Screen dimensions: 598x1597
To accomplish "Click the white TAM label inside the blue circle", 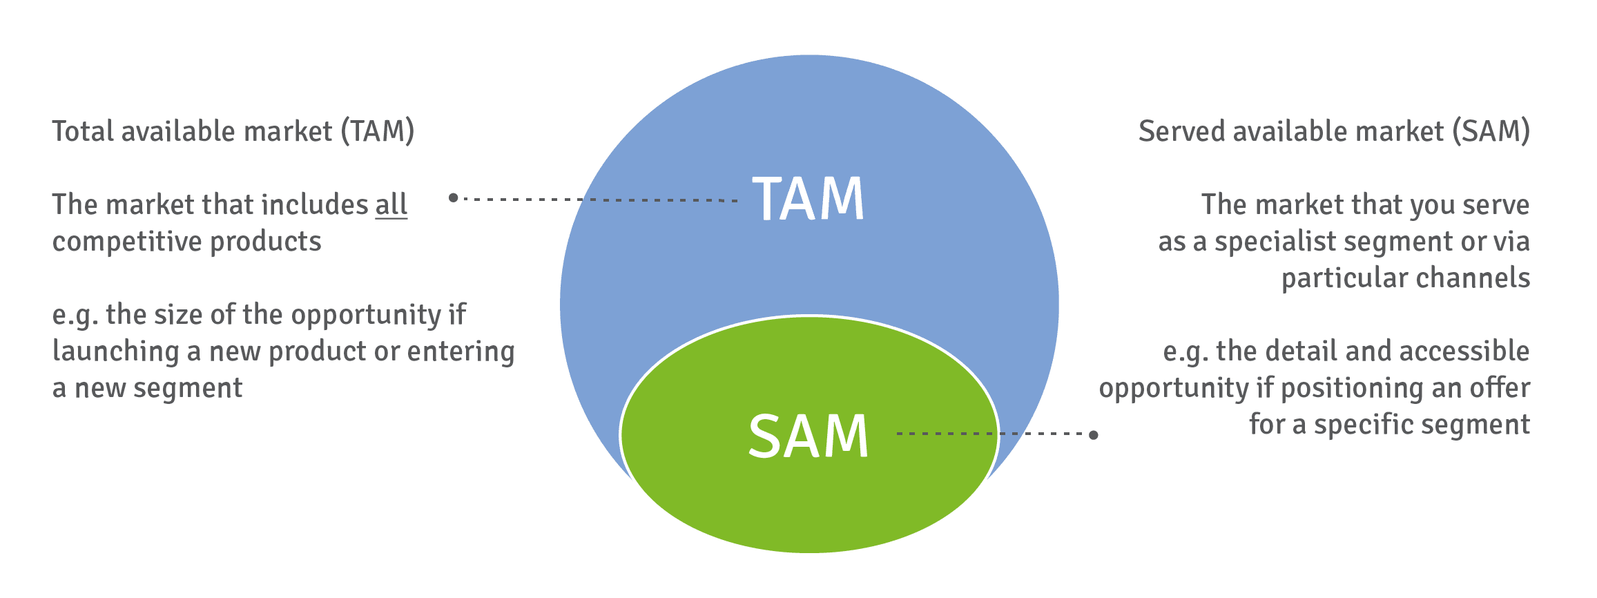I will click(x=808, y=199).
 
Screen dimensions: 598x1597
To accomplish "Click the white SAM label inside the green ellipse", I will click(x=808, y=436).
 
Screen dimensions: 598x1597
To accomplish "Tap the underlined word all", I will click(x=391, y=205).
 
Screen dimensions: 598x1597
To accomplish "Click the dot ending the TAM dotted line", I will click(x=453, y=197).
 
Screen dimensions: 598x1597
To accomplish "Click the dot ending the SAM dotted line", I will click(x=1094, y=434).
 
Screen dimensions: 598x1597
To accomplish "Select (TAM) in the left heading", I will click(x=377, y=131).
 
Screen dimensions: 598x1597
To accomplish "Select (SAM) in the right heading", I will click(x=1491, y=131).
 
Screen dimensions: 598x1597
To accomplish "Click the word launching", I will click(x=115, y=352).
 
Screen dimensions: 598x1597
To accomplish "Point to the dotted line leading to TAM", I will click(x=594, y=200).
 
